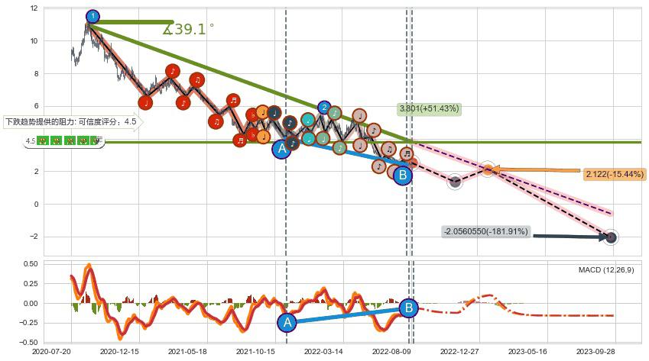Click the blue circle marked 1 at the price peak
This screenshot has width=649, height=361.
click(x=92, y=16)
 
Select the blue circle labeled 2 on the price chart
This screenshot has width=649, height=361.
click(x=324, y=108)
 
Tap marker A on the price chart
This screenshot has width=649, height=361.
click(x=282, y=149)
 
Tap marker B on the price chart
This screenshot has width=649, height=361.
click(x=403, y=175)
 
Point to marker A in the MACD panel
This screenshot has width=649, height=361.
click(x=287, y=323)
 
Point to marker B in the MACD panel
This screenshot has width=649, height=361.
click(x=408, y=308)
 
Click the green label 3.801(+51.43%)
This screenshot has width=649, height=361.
click(x=429, y=109)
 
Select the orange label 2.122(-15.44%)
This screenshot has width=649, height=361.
click(x=614, y=175)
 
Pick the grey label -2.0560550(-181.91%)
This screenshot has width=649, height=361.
click(x=485, y=231)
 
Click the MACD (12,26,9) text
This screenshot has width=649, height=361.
click(x=606, y=270)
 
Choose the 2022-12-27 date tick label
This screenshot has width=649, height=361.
click(x=460, y=353)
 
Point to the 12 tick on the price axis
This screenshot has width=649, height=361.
click(x=33, y=8)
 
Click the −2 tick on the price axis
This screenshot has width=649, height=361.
click(x=33, y=237)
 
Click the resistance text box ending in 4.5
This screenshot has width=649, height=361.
click(x=71, y=121)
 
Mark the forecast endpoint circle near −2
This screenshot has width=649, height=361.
click(x=611, y=237)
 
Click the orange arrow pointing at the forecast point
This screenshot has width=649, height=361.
click(x=535, y=170)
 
